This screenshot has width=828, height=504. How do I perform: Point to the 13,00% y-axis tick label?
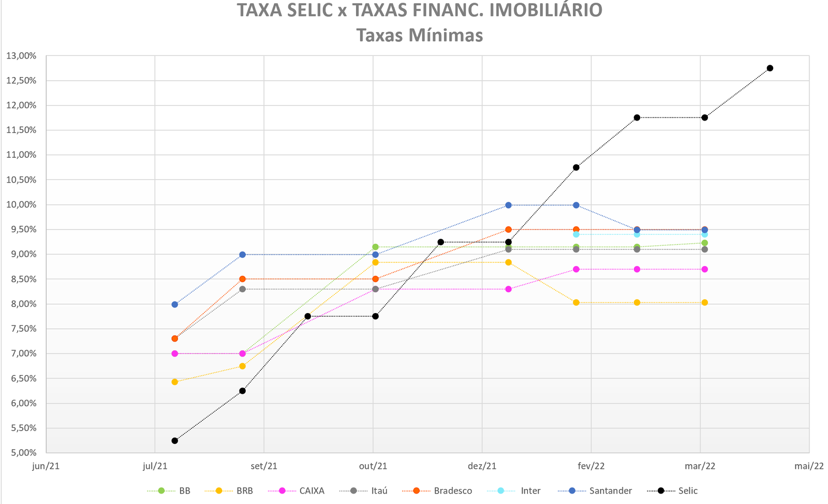pos(21,56)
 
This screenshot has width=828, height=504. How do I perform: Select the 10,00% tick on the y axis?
pos(21,205)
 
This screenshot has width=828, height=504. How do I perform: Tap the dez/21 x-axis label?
pos(482,466)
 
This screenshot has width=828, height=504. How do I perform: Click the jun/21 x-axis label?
pos(46,466)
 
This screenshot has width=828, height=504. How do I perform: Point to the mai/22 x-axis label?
pos(809,466)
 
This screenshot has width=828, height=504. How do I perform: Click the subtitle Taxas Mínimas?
pos(419,35)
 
